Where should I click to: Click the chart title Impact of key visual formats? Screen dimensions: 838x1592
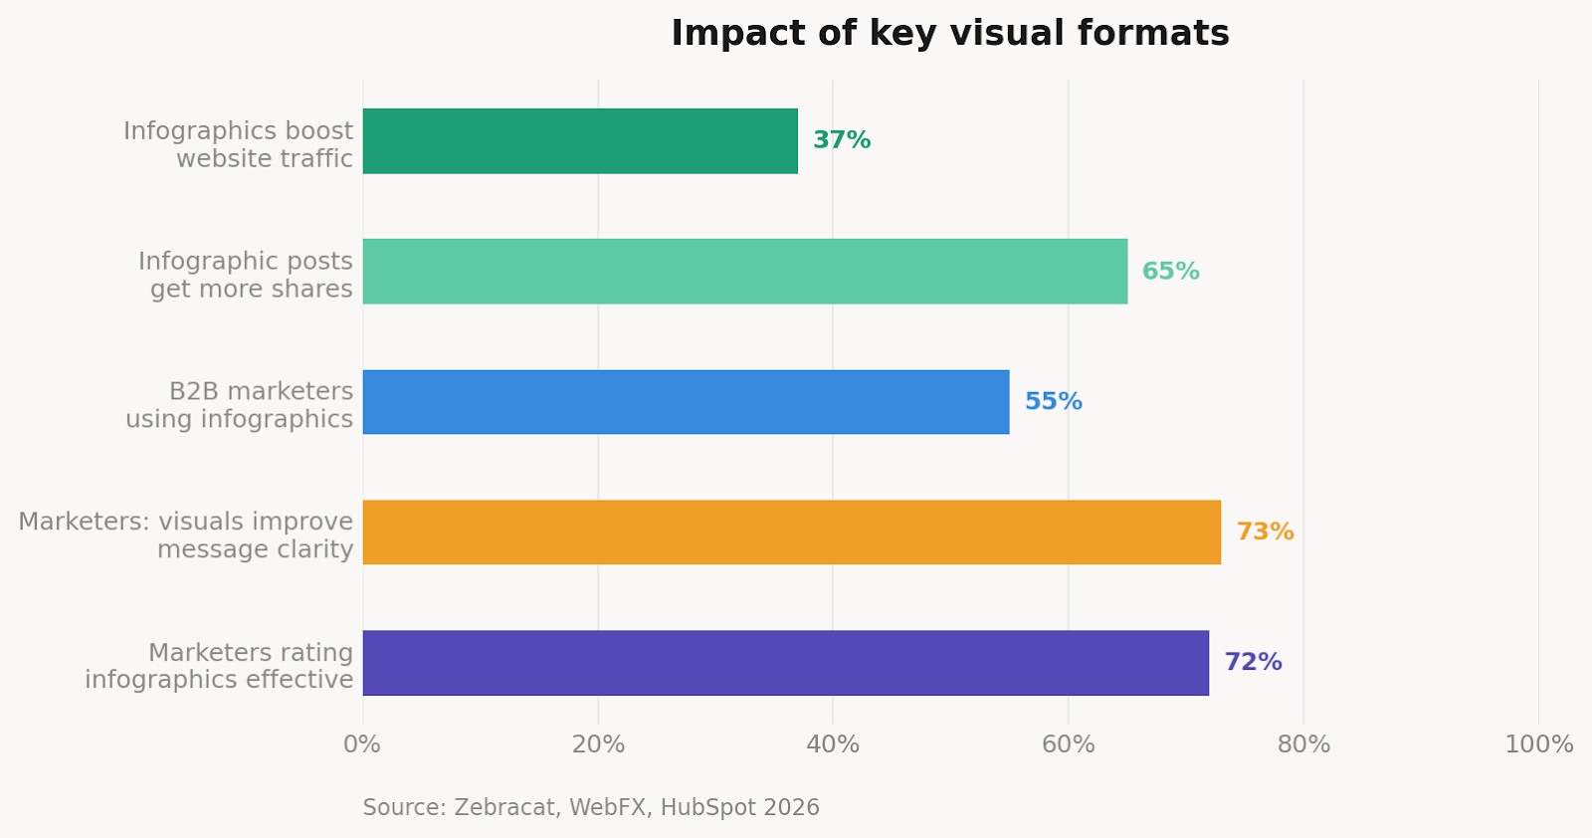[949, 34]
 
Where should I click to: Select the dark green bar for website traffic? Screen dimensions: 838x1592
[580, 141]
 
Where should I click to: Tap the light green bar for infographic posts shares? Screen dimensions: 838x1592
[744, 271]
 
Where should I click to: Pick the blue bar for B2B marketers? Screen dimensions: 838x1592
[686, 402]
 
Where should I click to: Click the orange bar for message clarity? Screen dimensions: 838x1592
[791, 532]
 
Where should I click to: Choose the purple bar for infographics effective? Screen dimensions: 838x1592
[785, 663]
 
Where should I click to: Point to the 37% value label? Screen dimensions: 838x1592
[842, 141]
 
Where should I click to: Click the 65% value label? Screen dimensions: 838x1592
[1170, 272]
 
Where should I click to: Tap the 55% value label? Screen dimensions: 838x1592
[1053, 402]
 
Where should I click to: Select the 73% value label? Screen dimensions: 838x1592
[1265, 532]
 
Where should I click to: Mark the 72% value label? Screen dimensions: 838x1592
[1253, 663]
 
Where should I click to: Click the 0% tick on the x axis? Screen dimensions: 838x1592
[362, 744]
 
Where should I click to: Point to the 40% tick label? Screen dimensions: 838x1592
[833, 744]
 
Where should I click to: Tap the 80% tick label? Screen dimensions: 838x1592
[1303, 744]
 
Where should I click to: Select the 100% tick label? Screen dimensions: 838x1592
[1538, 744]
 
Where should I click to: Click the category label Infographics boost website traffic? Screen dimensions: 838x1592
[239, 145]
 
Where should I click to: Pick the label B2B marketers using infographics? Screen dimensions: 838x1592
[240, 405]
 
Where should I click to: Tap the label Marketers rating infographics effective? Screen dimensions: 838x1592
[220, 666]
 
